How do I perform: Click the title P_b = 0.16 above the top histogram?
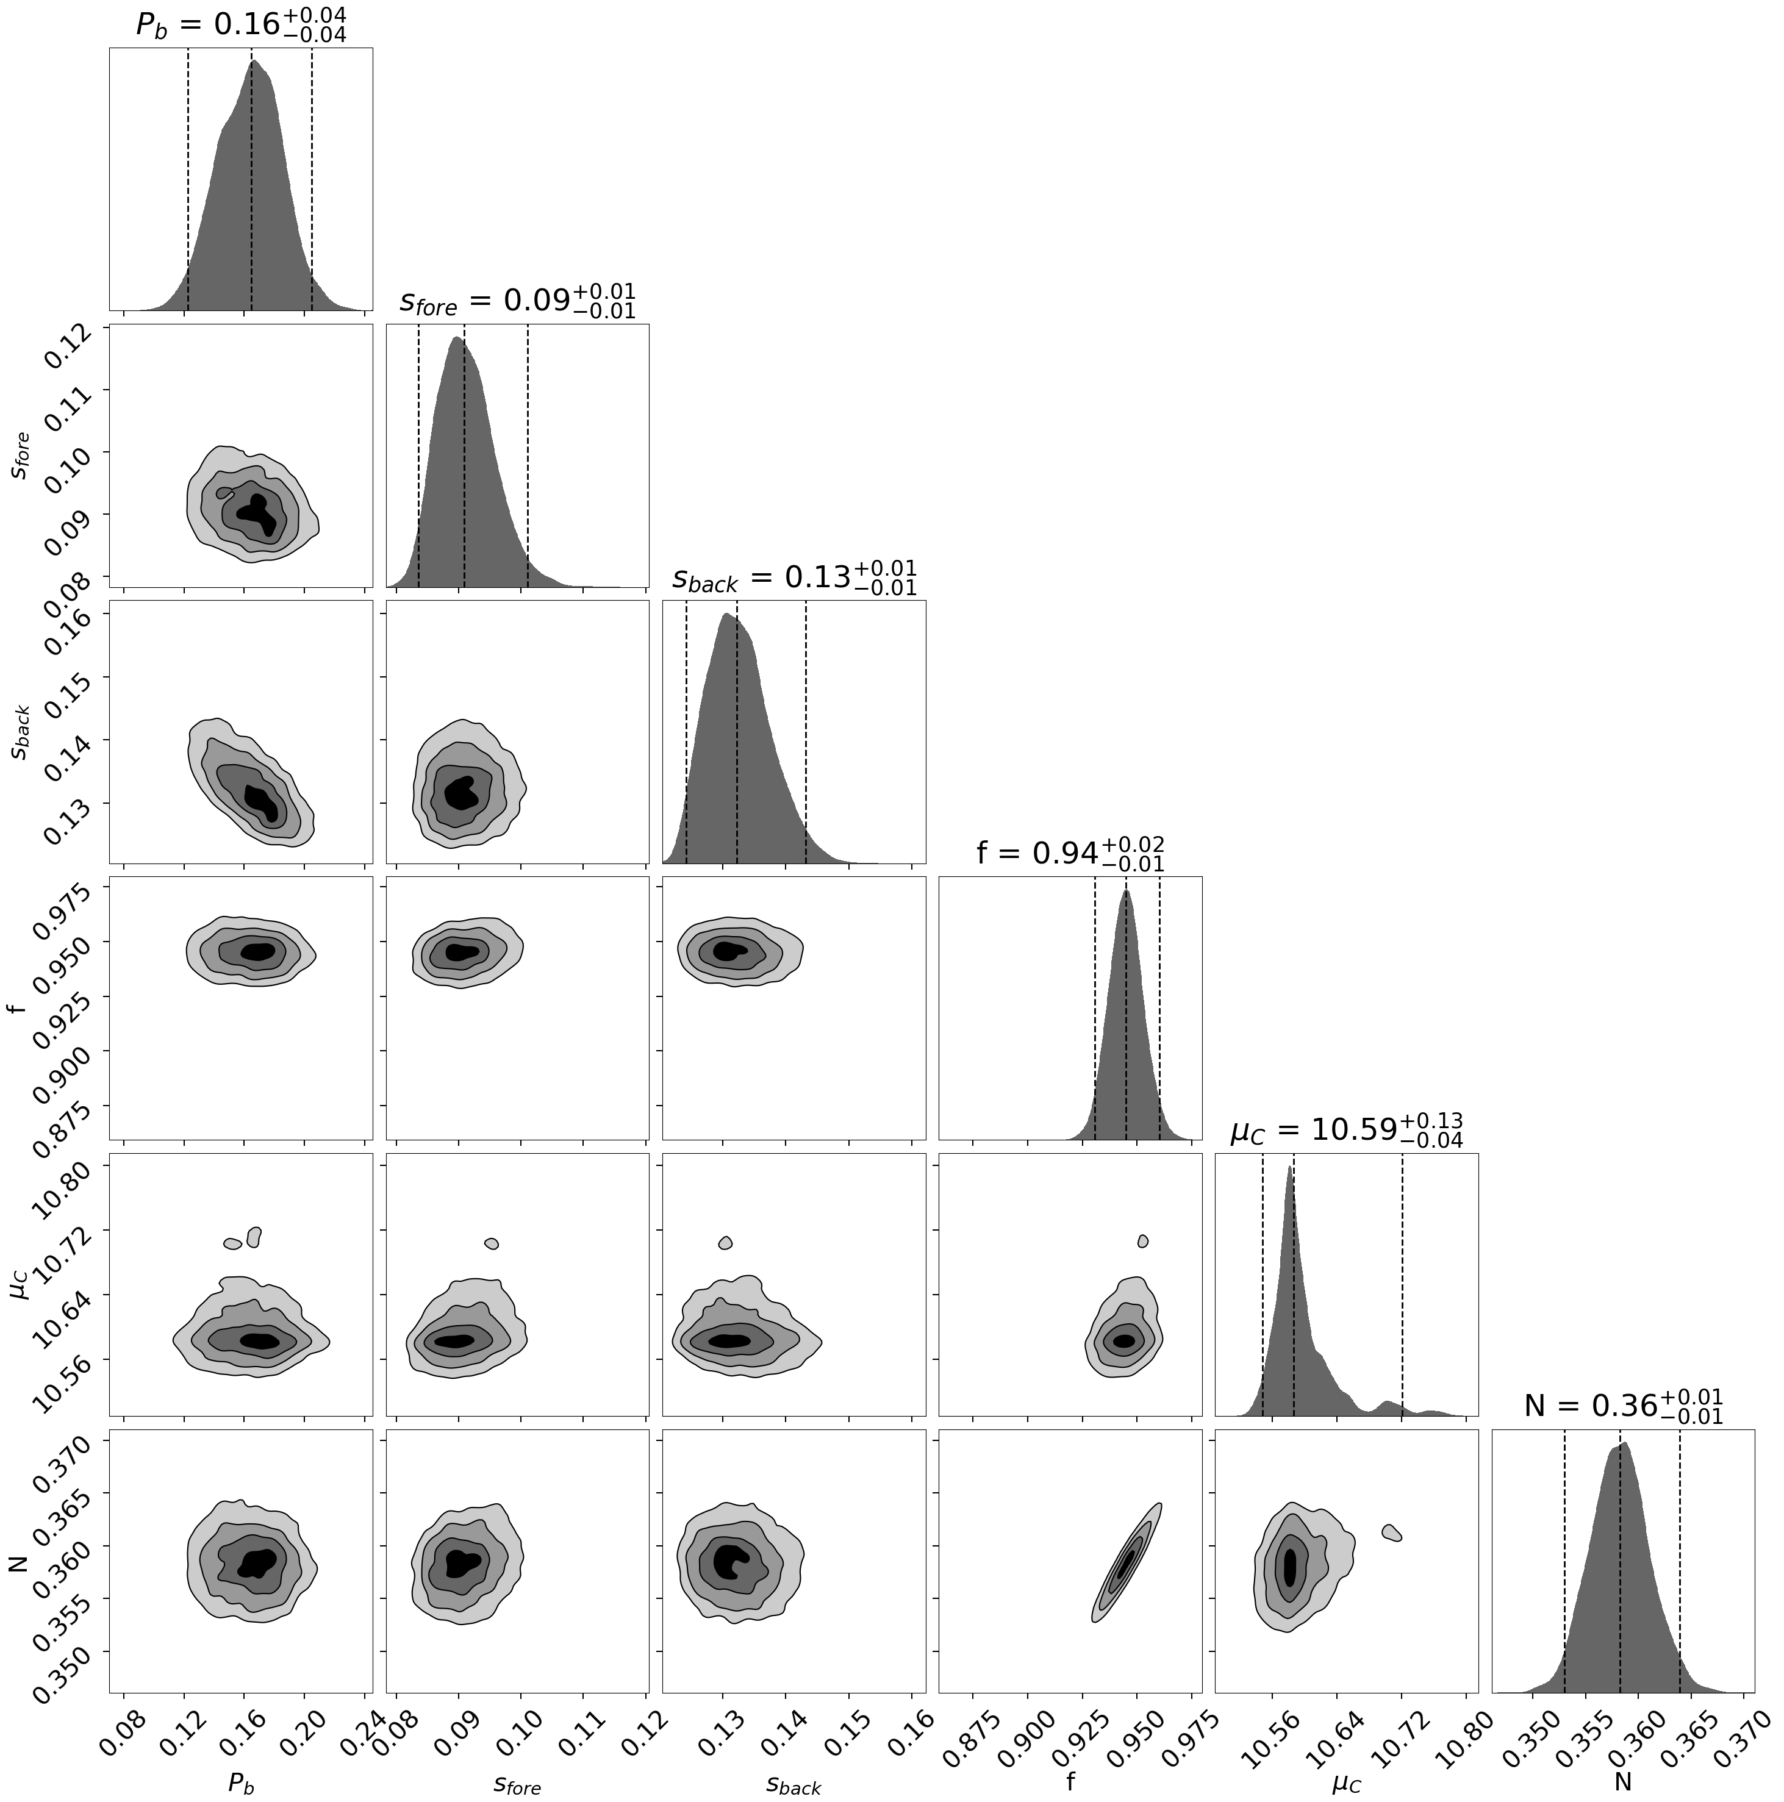tap(241, 25)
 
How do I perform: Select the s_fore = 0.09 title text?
tap(517, 301)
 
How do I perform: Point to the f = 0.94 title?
tap(1070, 853)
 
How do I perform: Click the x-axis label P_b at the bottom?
tap(241, 1782)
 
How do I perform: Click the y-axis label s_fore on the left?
tap(21, 455)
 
